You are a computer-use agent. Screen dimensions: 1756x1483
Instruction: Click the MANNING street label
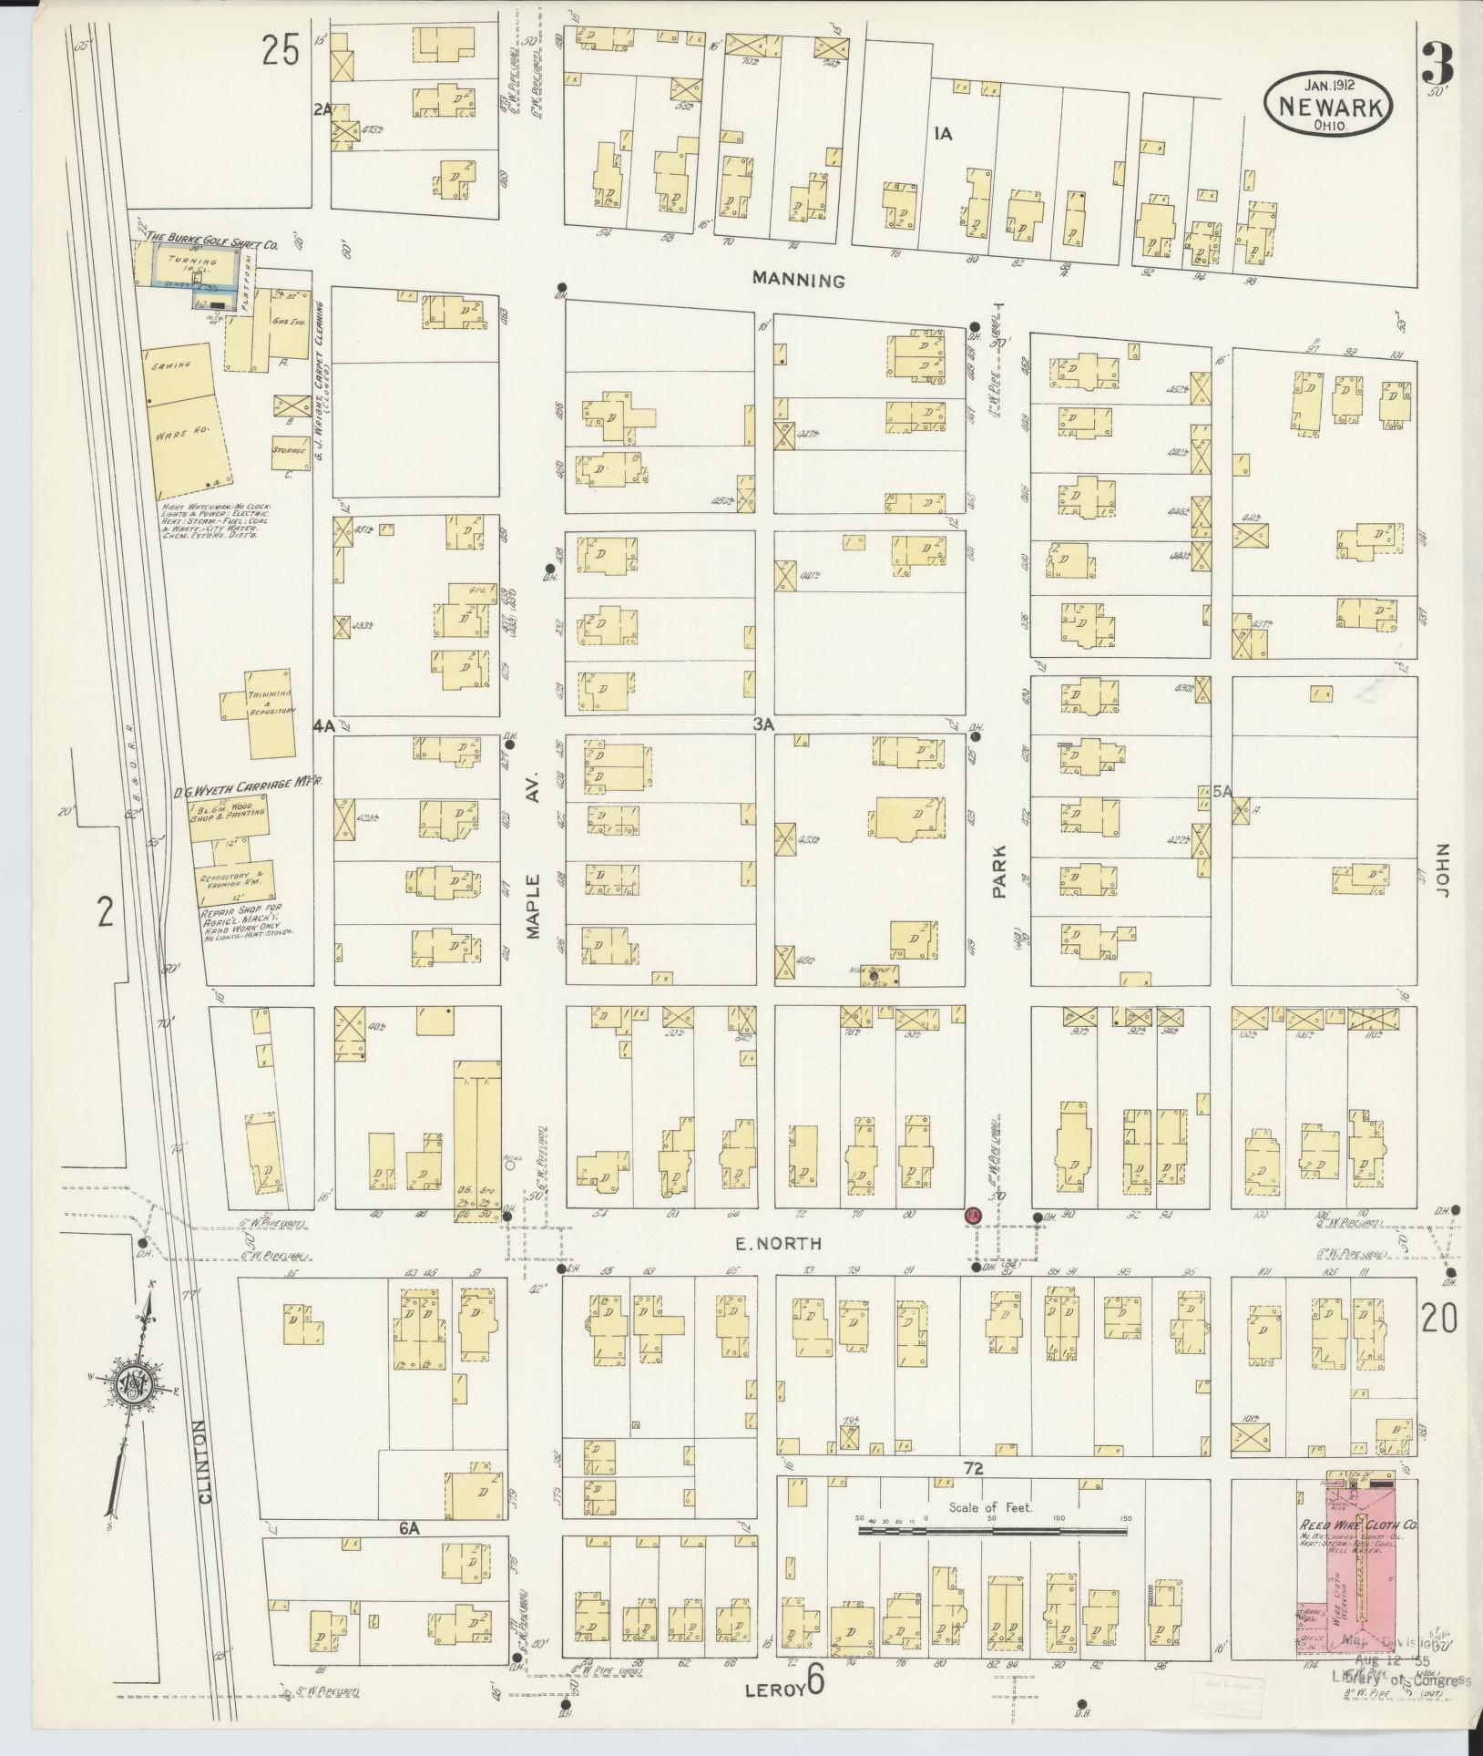798,281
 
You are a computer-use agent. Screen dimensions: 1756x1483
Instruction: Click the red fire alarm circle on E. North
972,1217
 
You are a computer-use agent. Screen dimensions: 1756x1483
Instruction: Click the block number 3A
762,724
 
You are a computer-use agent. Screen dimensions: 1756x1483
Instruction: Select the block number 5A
1222,792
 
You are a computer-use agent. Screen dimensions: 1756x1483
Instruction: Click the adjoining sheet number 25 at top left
281,51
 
